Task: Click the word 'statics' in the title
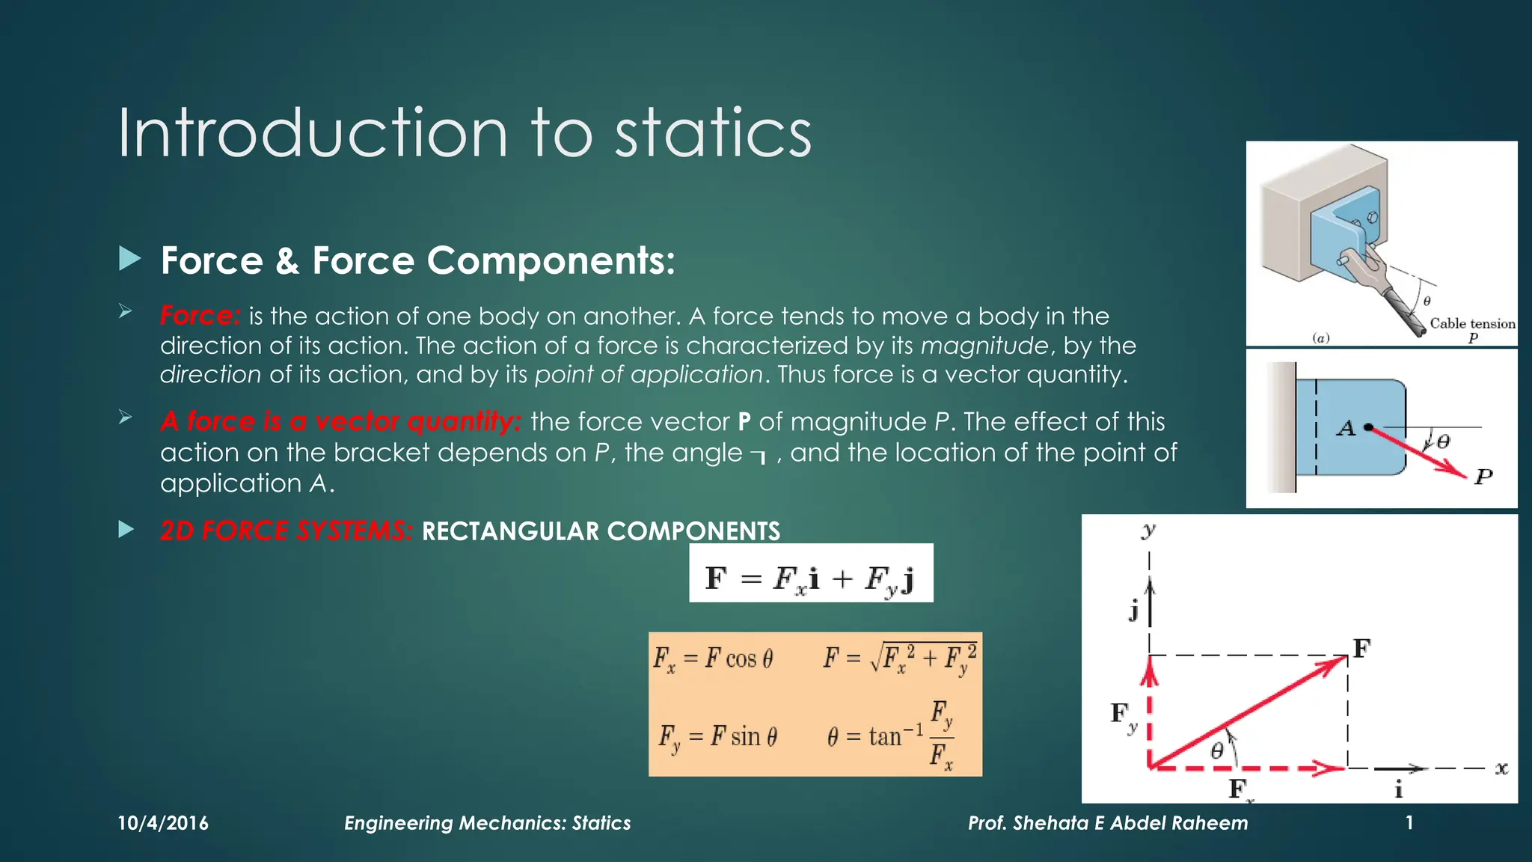[x=712, y=133]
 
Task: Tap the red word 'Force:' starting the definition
[x=200, y=316]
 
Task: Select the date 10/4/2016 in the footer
[x=163, y=823]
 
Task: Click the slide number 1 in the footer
[x=1409, y=823]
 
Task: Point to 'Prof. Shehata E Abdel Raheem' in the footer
[x=1108, y=823]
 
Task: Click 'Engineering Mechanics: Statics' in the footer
[x=487, y=823]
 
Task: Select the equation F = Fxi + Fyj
[x=811, y=578]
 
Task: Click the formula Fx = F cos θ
[x=713, y=658]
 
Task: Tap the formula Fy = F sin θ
[x=717, y=736]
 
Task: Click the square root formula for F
[x=900, y=658]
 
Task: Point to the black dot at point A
[x=1368, y=427]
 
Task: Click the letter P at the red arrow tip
[x=1483, y=477]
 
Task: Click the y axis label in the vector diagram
[x=1149, y=531]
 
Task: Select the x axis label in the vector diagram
[x=1501, y=768]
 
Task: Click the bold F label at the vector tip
[x=1361, y=648]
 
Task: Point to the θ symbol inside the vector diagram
[x=1217, y=751]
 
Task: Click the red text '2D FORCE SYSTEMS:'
[x=286, y=531]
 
